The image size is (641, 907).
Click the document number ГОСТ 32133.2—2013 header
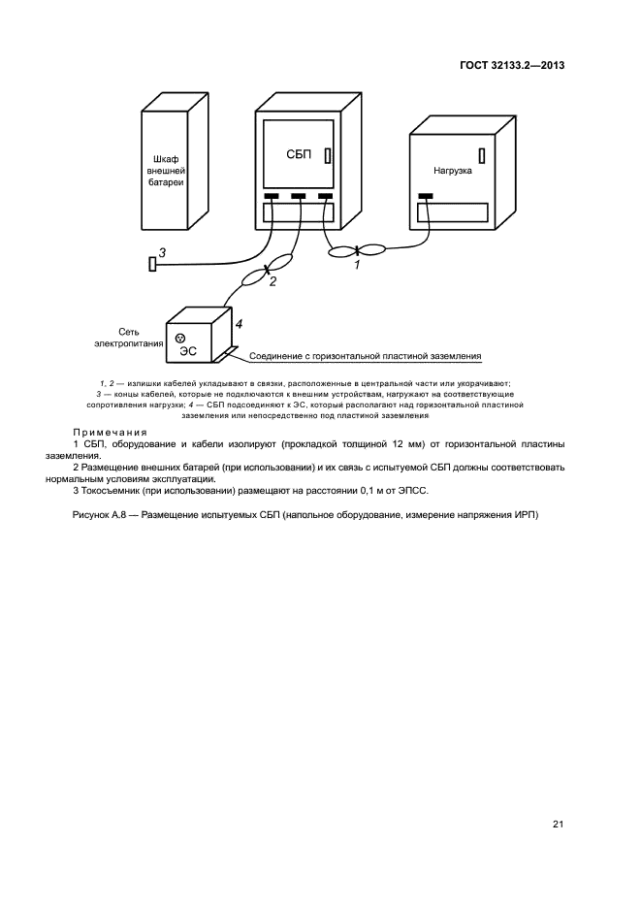pyautogui.click(x=511, y=65)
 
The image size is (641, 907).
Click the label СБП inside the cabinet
pyautogui.click(x=298, y=154)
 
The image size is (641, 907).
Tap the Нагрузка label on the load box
pyautogui.click(x=452, y=170)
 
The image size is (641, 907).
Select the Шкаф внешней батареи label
pyautogui.click(x=171, y=170)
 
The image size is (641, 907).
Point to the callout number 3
pyautogui.click(x=163, y=253)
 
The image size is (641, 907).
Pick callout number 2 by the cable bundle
pyautogui.click(x=272, y=281)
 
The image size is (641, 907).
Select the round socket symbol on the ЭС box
pyautogui.click(x=180, y=337)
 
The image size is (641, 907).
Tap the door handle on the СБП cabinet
pyautogui.click(x=328, y=155)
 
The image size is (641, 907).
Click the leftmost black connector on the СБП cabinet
pyautogui.click(x=272, y=197)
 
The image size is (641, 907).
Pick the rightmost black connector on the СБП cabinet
pyautogui.click(x=325, y=197)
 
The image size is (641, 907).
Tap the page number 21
pyautogui.click(x=558, y=826)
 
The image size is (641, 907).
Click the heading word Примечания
pyautogui.click(x=110, y=432)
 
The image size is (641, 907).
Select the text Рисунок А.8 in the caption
pyautogui.click(x=101, y=514)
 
